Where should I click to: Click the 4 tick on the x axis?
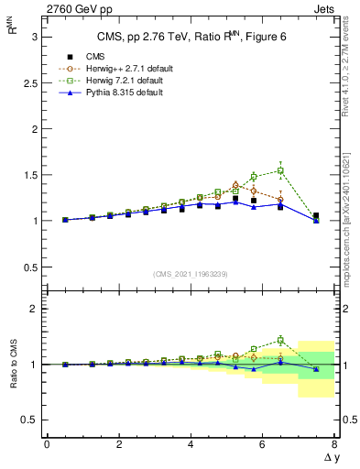pos(191,445)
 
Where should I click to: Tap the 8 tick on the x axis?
pos(334,445)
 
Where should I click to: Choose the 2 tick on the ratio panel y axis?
pos(35,310)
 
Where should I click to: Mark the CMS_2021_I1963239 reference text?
pos(191,274)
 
